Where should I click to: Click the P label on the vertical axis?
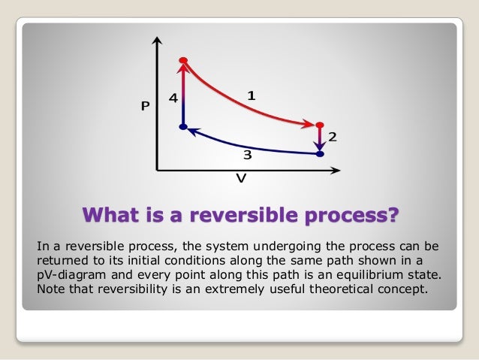click(146, 107)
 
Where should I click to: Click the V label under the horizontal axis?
click(241, 180)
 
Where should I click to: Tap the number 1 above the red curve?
click(252, 95)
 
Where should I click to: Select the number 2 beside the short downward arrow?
click(332, 137)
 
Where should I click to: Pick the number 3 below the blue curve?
click(246, 156)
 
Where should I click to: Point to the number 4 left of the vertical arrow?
click(173, 98)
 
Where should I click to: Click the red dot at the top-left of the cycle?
click(182, 60)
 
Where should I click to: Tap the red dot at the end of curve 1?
click(320, 125)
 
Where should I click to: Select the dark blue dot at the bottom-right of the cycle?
click(320, 154)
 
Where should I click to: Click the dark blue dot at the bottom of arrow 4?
click(182, 127)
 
